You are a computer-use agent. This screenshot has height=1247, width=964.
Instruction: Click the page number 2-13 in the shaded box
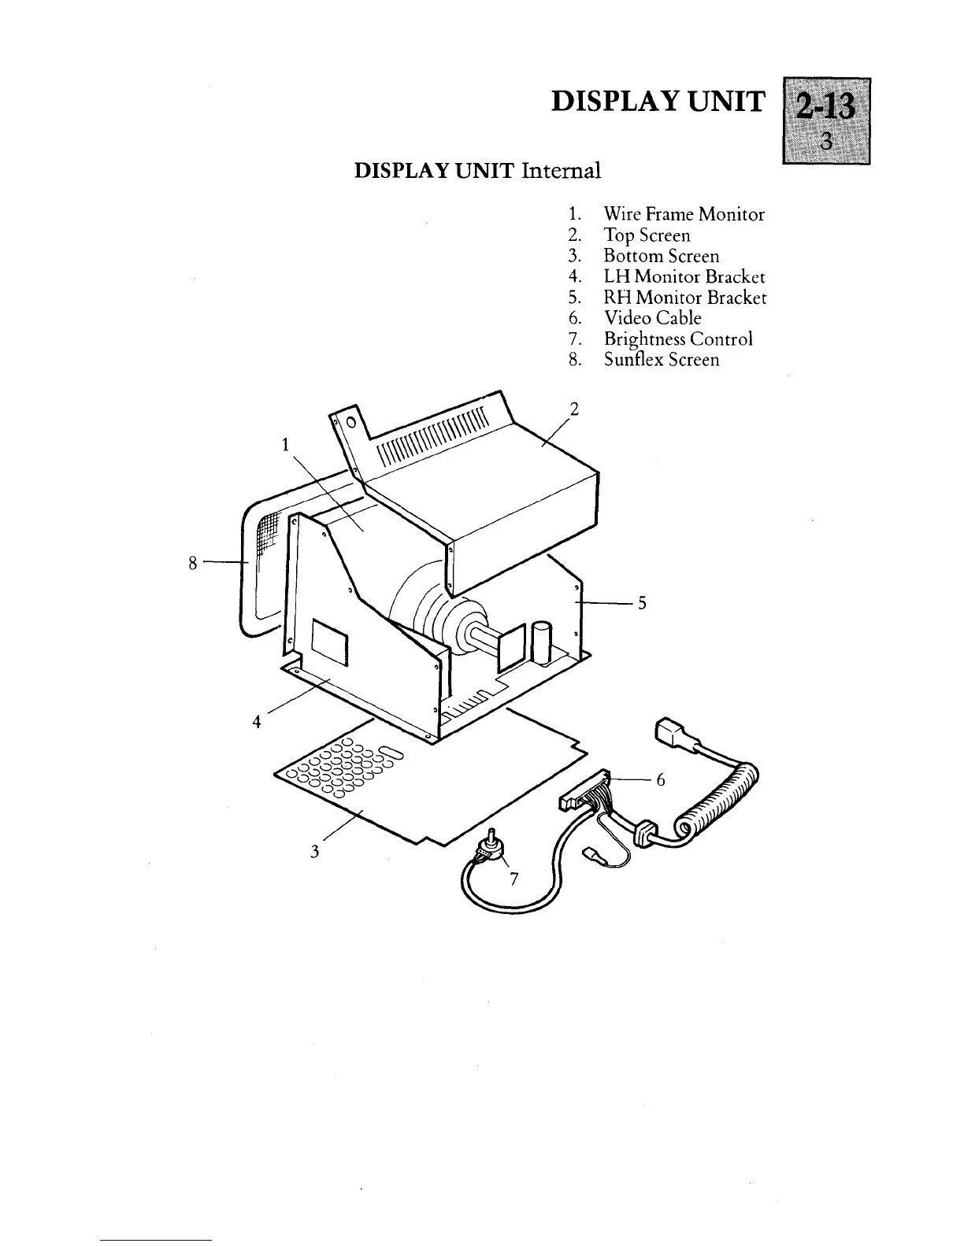(825, 105)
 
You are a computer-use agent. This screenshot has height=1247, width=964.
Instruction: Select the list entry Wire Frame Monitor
(684, 214)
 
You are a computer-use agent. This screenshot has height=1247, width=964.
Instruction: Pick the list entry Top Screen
(647, 235)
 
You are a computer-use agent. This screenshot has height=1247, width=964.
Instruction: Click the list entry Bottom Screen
(661, 256)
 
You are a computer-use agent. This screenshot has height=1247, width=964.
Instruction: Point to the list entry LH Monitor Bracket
(684, 276)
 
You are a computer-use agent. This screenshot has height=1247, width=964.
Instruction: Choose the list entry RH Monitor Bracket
(684, 298)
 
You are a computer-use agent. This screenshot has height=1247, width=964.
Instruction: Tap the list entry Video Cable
(652, 318)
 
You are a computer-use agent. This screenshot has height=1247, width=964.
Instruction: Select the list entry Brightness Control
(677, 339)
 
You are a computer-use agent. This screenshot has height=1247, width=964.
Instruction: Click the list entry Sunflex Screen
(661, 360)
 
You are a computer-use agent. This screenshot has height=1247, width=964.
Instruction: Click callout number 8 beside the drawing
(193, 562)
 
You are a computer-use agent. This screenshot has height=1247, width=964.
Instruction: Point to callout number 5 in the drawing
(642, 603)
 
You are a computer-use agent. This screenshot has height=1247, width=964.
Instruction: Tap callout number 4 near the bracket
(257, 721)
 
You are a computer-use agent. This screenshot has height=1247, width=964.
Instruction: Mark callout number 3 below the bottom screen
(314, 851)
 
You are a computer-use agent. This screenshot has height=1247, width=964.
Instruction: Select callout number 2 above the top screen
(574, 409)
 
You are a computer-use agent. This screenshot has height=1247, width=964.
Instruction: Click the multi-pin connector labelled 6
(586, 790)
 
